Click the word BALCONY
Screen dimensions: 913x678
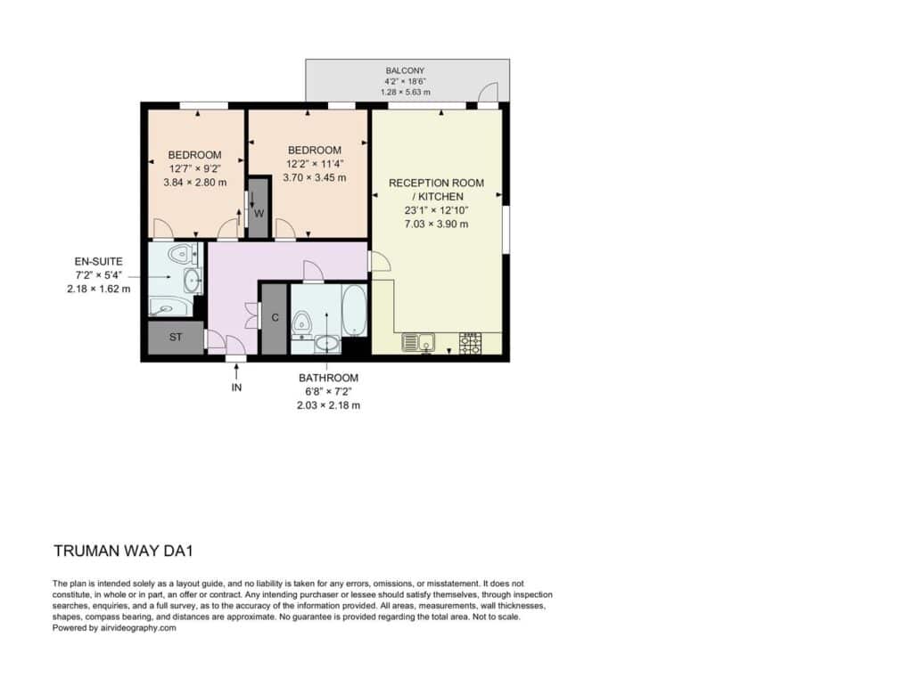[406, 70]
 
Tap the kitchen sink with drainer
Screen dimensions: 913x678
[418, 343]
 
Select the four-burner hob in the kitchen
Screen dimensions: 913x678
[471, 343]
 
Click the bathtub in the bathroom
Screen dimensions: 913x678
[354, 310]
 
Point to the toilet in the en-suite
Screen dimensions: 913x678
[182, 254]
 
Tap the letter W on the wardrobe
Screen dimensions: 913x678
[259, 214]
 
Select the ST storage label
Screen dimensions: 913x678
[176, 337]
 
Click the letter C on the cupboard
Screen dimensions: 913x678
[275, 318]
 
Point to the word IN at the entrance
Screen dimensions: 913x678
[236, 388]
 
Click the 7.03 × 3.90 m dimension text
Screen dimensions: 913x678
[436, 224]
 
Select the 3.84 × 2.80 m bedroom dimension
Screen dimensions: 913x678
[194, 182]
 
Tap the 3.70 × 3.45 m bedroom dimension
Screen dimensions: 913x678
[315, 177]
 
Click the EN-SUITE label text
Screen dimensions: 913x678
[98, 262]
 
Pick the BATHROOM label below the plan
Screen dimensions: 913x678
[328, 378]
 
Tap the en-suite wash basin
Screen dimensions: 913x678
[193, 282]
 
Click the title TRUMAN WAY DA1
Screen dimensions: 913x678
[123, 551]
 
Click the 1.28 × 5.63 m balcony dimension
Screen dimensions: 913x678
[406, 92]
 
